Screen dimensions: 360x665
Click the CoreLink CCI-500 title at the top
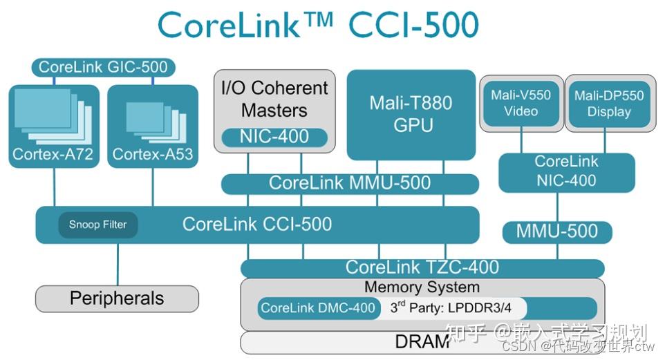(x=318, y=26)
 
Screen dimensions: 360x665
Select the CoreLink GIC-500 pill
(x=102, y=67)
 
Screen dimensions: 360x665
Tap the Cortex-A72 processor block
(x=55, y=124)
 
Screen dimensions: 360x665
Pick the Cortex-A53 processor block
(x=153, y=124)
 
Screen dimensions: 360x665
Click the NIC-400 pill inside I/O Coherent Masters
(x=274, y=136)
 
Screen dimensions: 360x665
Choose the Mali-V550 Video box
(x=521, y=103)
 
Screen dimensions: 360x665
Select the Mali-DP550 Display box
(x=608, y=103)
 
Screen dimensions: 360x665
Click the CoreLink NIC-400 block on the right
(x=566, y=171)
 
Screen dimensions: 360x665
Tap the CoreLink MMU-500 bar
(x=350, y=183)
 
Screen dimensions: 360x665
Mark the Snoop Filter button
(x=97, y=225)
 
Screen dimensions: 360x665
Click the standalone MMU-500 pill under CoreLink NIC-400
(x=556, y=231)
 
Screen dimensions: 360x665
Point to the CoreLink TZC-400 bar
(x=422, y=267)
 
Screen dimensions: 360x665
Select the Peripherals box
(x=117, y=299)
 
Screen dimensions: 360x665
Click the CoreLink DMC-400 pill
(x=319, y=308)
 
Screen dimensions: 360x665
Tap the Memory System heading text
(x=422, y=287)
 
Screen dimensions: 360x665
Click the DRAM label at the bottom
(x=422, y=341)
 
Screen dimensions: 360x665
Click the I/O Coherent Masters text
(x=274, y=99)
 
